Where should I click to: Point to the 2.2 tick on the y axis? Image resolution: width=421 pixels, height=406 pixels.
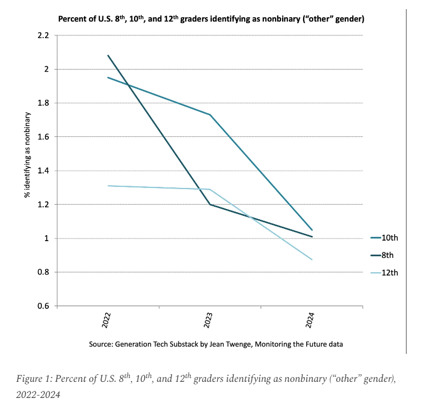[42, 35]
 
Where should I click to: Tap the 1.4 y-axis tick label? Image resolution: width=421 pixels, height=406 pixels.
[42, 171]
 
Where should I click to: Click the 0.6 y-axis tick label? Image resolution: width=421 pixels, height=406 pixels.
[42, 306]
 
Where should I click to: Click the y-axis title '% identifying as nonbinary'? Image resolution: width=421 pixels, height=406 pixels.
[26, 155]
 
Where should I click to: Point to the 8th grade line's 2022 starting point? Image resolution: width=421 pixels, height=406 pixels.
[108, 55]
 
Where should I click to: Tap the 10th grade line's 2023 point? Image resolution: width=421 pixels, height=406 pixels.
[209, 115]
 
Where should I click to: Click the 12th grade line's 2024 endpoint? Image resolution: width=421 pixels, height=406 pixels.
[311, 259]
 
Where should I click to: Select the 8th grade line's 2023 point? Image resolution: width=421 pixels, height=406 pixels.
[209, 205]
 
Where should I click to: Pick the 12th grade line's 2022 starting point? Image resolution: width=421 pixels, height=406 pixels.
[108, 186]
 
